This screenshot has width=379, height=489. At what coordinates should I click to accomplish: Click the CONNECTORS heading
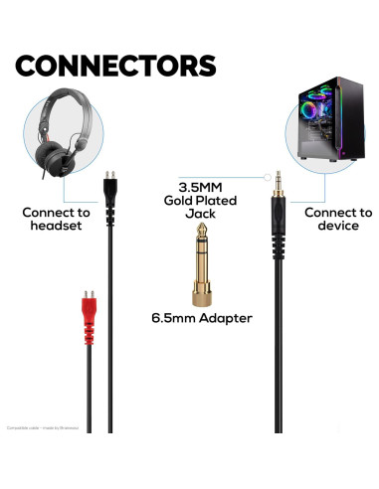point(115,66)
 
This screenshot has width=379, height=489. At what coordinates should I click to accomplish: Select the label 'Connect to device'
point(338,219)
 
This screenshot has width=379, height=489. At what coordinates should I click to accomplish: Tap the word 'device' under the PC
point(338,227)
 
